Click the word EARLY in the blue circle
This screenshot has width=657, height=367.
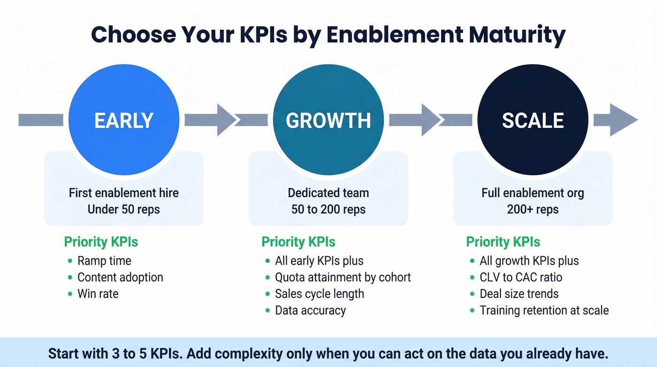pos(124,121)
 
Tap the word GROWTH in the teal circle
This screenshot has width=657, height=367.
pos(328,121)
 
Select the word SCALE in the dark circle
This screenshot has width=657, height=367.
pos(533,121)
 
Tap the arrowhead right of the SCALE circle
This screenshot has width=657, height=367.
pos(623,120)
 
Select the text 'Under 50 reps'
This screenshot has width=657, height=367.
pos(124,209)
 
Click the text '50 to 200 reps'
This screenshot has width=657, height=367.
pos(328,209)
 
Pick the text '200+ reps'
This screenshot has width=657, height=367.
pos(533,209)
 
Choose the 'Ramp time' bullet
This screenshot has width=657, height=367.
pos(104,261)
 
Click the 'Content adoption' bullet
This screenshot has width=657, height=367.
pos(120,277)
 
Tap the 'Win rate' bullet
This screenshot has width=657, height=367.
pos(98,294)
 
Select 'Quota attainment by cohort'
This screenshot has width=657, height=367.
pos(343,277)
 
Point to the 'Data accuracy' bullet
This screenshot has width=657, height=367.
pos(310,310)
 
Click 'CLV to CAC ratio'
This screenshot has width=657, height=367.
pos(520,277)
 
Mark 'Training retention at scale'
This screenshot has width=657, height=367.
pos(544,310)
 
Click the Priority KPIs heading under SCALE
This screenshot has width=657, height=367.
pos(503,242)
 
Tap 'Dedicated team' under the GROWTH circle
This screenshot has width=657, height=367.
pos(328,193)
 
